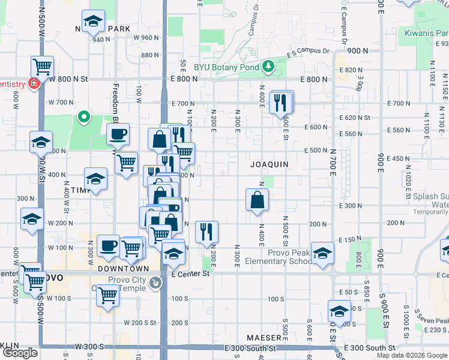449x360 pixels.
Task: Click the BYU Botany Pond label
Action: coord(227,67)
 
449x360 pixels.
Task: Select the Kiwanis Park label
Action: coord(426,32)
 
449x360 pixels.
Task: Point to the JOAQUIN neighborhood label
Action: coord(270,164)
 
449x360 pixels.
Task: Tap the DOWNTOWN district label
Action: coord(119,269)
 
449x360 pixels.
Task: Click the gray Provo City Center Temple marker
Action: coord(155,282)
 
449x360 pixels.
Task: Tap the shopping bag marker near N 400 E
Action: coord(257,200)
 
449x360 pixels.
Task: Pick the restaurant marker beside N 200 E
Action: coord(206,232)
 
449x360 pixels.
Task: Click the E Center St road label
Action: coord(189,274)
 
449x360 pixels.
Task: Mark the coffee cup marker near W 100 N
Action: coord(108,246)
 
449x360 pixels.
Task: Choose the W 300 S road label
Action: coord(91,347)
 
